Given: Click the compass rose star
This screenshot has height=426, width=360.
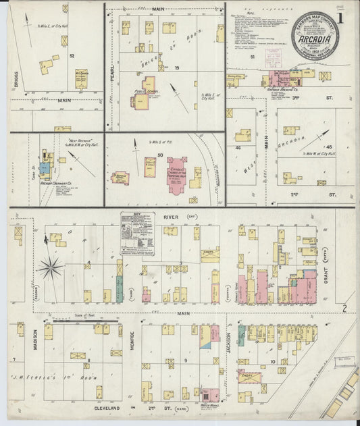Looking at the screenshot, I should [x=50, y=268].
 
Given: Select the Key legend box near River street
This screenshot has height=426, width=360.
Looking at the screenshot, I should [x=137, y=233].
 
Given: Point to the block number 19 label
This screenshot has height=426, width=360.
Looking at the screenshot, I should [x=177, y=68].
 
